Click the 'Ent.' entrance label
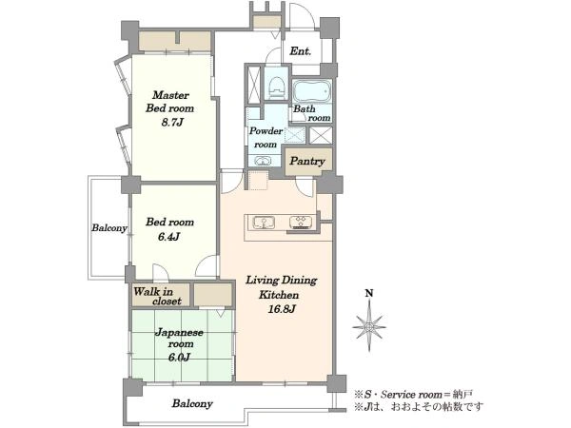point(301,51)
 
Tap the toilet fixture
point(276,88)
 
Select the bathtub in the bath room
point(312,91)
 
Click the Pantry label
point(307,162)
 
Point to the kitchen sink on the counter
point(264,223)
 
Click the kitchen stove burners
point(301,223)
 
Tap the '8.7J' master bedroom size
point(171,123)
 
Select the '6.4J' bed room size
point(169,237)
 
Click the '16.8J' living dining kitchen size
point(281,309)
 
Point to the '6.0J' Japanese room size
point(179,358)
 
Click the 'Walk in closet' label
point(157,296)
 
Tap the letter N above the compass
point(369,293)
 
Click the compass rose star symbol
point(369,326)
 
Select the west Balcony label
point(108,228)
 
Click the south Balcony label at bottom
point(192,403)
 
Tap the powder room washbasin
point(262,161)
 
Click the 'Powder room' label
point(266,138)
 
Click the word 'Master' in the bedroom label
point(170,95)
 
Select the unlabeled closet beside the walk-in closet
point(212,295)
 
